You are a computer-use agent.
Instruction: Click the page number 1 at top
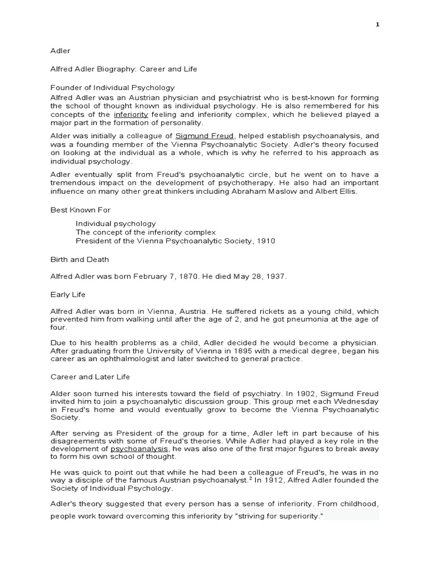click(x=377, y=25)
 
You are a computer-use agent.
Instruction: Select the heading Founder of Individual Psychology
click(x=113, y=87)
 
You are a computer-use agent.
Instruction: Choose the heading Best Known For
click(x=81, y=210)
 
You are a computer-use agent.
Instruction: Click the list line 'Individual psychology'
click(x=116, y=223)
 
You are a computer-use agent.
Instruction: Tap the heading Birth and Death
click(x=80, y=259)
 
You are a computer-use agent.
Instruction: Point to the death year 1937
click(x=274, y=276)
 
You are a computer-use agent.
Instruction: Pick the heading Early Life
click(x=68, y=294)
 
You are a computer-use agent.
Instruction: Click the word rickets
click(x=256, y=311)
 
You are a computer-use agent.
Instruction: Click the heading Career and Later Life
click(x=91, y=377)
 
